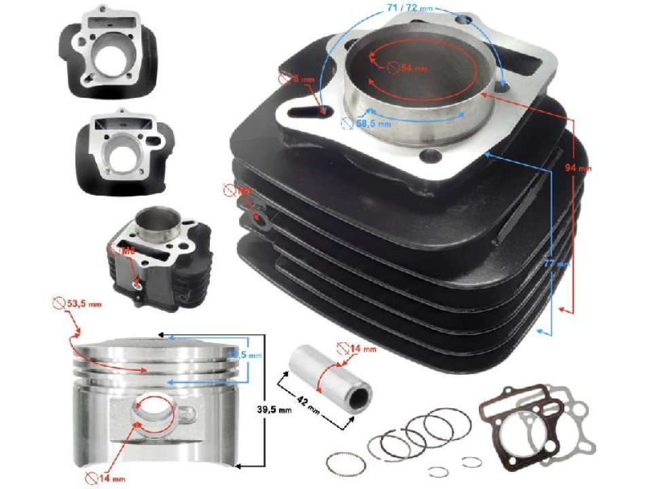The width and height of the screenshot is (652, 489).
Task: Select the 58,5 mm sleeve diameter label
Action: coord(375,124)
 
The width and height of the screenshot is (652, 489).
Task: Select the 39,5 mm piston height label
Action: coord(276,410)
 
